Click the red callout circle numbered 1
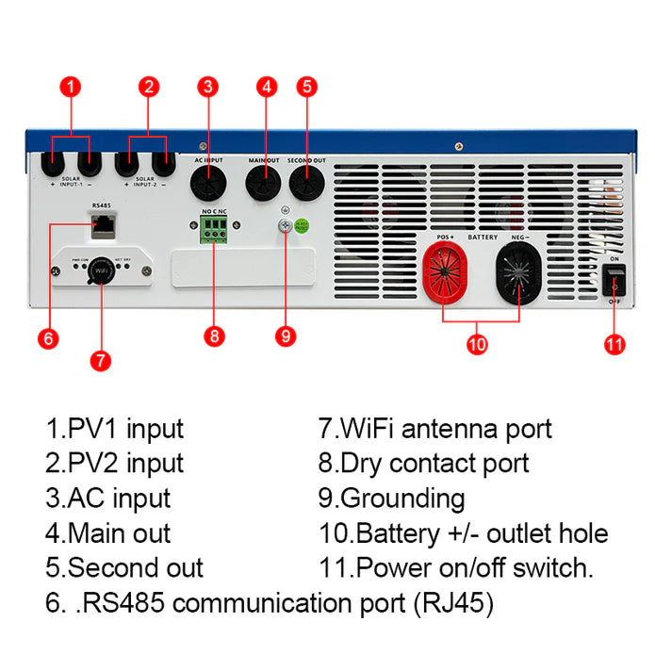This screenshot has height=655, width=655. pyautogui.click(x=70, y=87)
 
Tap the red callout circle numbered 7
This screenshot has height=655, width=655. pyautogui.click(x=101, y=360)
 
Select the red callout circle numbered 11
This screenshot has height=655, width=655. pyautogui.click(x=614, y=344)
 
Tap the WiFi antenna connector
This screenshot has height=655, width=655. pyautogui.click(x=101, y=271)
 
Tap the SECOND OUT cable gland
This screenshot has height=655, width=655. pyautogui.click(x=306, y=181)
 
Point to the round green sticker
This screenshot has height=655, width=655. pyautogui.click(x=302, y=225)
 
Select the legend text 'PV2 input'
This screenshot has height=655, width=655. pyautogui.click(x=125, y=463)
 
